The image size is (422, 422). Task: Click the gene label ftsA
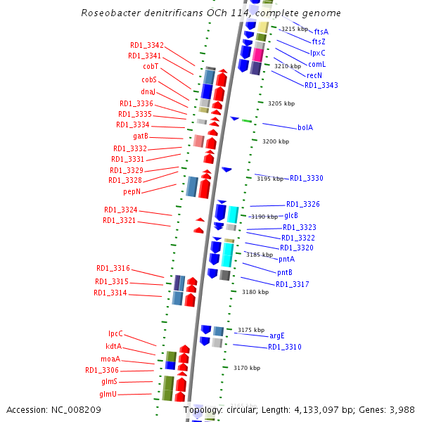(321, 32)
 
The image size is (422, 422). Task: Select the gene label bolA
(305, 127)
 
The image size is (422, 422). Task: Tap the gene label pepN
(132, 191)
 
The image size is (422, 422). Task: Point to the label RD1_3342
(147, 45)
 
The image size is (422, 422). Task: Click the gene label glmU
(108, 394)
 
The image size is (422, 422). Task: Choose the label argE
(277, 335)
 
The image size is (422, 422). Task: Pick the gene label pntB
(285, 272)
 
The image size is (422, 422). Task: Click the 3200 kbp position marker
(276, 141)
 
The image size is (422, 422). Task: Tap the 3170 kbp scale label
(247, 368)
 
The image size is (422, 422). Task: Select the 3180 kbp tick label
(255, 292)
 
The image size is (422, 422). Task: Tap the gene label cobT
(151, 67)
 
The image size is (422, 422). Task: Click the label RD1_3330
(307, 178)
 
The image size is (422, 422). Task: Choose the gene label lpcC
(115, 333)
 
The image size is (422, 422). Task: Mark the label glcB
(291, 215)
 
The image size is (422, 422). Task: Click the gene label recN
(314, 75)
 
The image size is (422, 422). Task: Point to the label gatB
(140, 136)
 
